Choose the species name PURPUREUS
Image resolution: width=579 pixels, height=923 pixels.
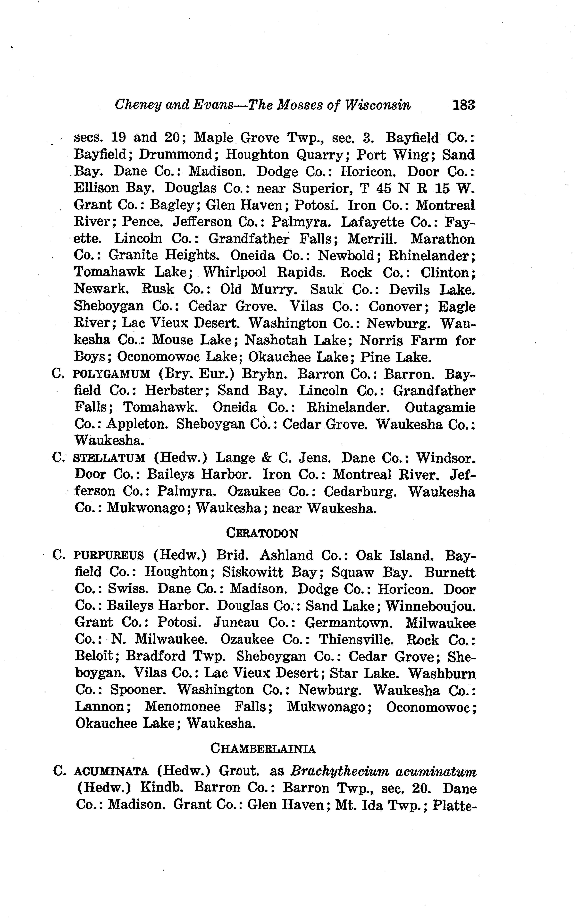pyautogui.click(x=108, y=556)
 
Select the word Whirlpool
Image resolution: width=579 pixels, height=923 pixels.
pyautogui.click(x=234, y=272)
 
